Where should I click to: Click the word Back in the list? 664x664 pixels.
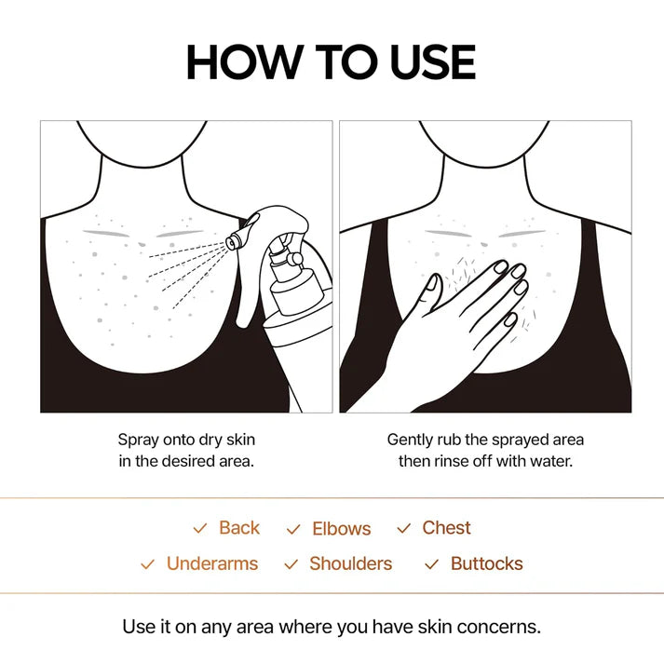click(239, 528)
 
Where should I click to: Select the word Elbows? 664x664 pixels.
click(341, 529)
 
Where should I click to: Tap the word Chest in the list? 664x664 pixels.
click(446, 528)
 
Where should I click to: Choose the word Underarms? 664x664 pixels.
click(212, 563)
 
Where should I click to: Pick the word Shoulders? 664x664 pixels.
click(350, 563)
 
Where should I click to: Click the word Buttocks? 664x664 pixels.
click(486, 563)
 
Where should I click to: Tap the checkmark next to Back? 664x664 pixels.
click(199, 529)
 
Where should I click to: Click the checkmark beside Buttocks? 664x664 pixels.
click(431, 564)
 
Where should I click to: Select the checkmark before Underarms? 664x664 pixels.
click(147, 564)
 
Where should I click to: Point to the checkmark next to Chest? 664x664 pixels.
click(403, 529)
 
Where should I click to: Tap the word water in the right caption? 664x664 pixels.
click(547, 461)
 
